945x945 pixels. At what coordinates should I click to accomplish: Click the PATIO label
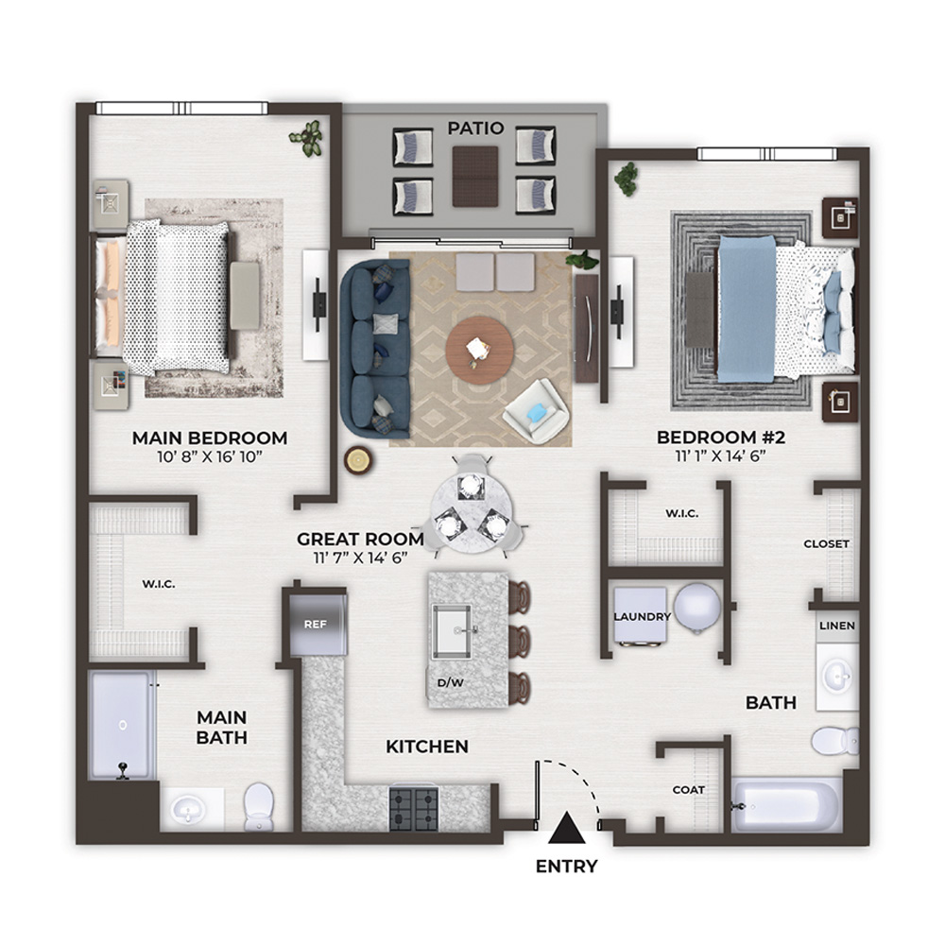click(x=475, y=128)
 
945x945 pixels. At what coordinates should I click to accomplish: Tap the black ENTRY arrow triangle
click(x=566, y=828)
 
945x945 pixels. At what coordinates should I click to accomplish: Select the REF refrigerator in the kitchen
click(x=318, y=625)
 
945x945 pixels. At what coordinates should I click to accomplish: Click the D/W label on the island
click(x=450, y=683)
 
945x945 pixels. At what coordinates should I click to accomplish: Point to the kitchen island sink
click(x=454, y=631)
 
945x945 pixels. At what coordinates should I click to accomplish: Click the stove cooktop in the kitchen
click(x=414, y=807)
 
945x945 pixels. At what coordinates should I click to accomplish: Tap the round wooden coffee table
click(x=480, y=351)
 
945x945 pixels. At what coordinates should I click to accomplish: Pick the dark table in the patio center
click(x=475, y=177)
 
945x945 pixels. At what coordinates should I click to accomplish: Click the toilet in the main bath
click(x=259, y=806)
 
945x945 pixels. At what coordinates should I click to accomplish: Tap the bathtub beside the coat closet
click(x=786, y=805)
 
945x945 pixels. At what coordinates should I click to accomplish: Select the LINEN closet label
click(x=837, y=626)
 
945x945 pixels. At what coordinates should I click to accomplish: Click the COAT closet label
click(x=688, y=789)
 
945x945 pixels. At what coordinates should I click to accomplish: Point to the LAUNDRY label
click(x=643, y=616)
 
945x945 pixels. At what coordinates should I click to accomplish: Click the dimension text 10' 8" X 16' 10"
click(x=210, y=456)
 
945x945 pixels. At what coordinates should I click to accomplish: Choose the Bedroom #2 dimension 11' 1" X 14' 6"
click(x=720, y=455)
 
